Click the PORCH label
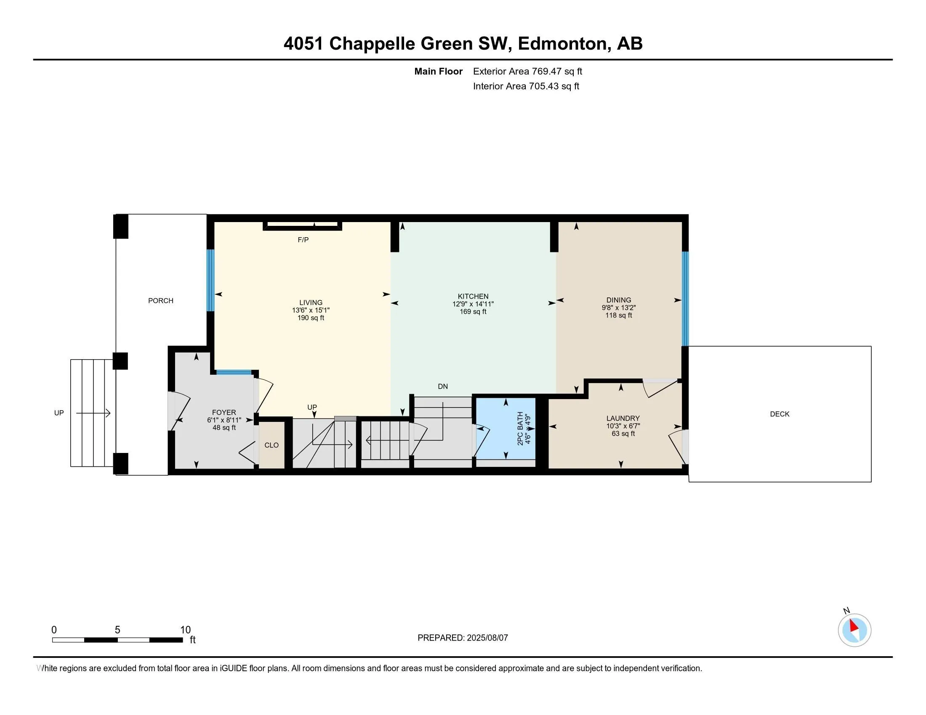(x=161, y=301)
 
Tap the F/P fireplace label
(x=303, y=240)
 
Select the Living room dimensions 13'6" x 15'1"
(x=311, y=310)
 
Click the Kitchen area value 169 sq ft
(x=473, y=312)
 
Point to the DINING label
(x=619, y=300)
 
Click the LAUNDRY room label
(x=623, y=418)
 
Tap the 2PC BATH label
(x=521, y=429)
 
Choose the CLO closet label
(x=271, y=445)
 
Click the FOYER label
(x=224, y=413)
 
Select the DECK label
(x=780, y=414)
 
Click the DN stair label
(x=443, y=386)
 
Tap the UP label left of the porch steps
(x=59, y=413)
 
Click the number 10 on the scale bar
(x=185, y=630)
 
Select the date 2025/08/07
(x=487, y=638)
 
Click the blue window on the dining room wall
(x=685, y=299)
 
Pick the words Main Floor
(x=439, y=71)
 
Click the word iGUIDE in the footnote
(x=234, y=668)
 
